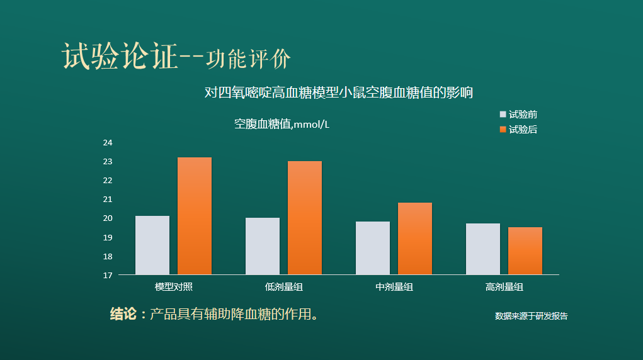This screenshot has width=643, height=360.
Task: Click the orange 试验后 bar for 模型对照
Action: (195, 216)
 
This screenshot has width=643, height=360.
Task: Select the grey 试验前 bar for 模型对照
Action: (152, 245)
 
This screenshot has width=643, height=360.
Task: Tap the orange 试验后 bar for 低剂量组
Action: (305, 218)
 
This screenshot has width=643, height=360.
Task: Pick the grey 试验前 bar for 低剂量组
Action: (263, 246)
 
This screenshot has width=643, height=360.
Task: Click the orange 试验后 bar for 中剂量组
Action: (415, 239)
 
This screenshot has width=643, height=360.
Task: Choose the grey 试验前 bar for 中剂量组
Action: (373, 248)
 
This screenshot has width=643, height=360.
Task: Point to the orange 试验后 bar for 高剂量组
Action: (525, 251)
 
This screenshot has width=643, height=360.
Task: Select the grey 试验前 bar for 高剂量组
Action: (483, 249)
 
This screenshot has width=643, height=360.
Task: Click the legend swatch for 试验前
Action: (503, 115)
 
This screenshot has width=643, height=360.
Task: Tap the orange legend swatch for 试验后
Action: (503, 130)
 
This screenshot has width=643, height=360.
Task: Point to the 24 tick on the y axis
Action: (108, 143)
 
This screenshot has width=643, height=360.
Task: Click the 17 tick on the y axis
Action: (108, 276)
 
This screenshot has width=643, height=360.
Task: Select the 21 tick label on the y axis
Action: (108, 200)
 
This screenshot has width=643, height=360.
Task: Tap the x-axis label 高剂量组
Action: (504, 287)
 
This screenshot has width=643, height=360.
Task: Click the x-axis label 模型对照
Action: (173, 287)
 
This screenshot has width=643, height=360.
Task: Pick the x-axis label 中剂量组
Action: (394, 287)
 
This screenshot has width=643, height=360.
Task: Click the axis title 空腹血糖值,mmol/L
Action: (282, 124)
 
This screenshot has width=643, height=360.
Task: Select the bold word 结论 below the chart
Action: (123, 314)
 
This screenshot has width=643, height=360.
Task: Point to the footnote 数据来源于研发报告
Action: (531, 316)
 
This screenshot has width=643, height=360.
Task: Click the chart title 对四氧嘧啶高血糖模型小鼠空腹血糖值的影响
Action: (339, 93)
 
